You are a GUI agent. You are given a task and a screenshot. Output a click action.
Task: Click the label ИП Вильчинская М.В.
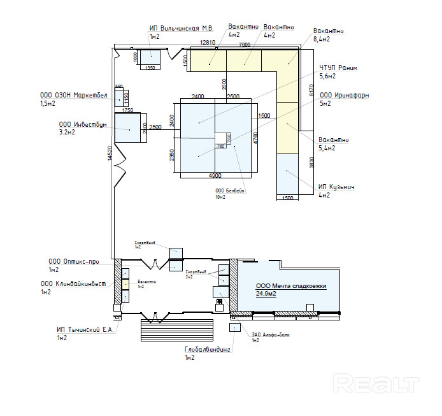181,29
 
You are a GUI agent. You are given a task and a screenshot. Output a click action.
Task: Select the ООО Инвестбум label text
83,125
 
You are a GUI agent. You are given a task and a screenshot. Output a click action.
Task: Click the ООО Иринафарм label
344,96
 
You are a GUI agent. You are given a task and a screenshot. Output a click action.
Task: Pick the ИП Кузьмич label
336,187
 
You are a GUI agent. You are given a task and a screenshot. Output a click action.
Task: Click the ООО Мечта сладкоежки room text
290,287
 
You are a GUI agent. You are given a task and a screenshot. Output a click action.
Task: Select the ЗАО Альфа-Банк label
265,334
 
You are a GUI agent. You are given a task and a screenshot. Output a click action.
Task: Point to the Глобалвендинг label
207,350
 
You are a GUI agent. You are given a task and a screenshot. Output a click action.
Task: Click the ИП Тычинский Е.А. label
85,329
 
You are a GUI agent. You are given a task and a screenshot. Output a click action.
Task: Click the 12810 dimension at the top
208,43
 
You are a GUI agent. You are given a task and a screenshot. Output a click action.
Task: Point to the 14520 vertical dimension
110,152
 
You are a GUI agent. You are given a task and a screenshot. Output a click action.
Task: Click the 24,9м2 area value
267,294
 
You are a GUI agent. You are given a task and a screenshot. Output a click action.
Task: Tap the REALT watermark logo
376,384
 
